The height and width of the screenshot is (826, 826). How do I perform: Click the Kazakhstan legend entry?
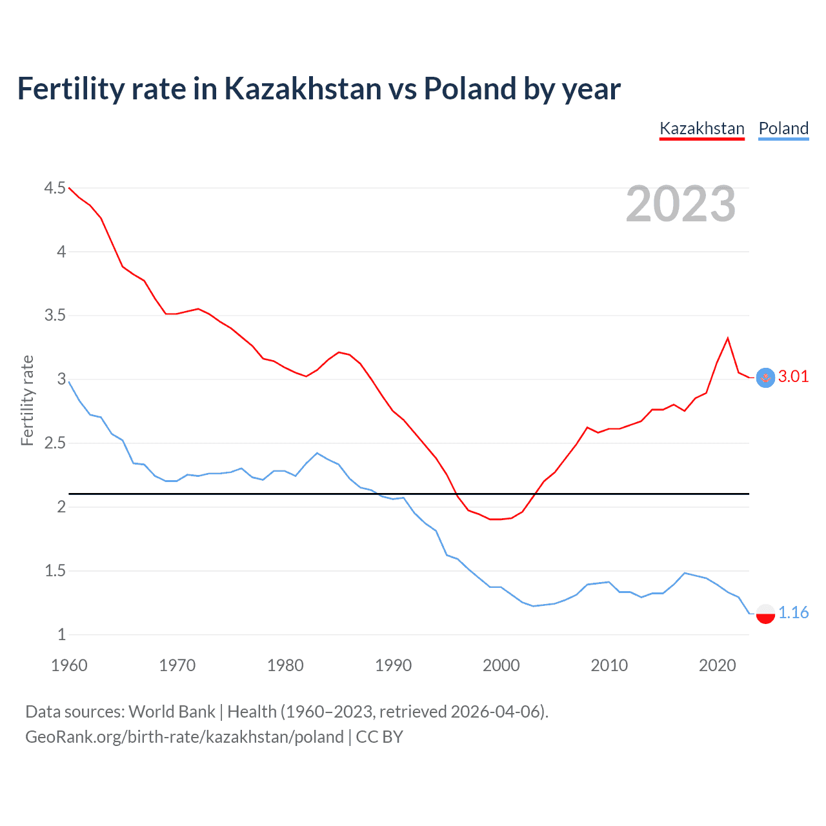click(x=701, y=128)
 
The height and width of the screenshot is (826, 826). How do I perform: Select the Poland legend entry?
click(x=783, y=128)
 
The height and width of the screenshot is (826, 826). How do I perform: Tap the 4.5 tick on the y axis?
click(x=55, y=188)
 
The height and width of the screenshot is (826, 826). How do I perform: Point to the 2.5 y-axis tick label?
click(x=55, y=443)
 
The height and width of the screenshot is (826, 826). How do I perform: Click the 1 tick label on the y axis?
click(x=61, y=634)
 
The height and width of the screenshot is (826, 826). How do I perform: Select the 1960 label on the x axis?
click(x=69, y=665)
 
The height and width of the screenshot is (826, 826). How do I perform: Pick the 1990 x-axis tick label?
click(x=393, y=665)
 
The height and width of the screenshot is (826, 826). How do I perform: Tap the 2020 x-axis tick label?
click(x=717, y=665)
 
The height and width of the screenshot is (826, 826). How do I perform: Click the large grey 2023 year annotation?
click(x=680, y=204)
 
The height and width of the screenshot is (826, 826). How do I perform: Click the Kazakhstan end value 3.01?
click(x=793, y=377)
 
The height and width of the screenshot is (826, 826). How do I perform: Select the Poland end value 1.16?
click(x=793, y=612)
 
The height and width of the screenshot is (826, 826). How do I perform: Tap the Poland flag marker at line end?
click(x=765, y=613)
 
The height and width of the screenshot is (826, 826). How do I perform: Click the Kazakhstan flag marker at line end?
click(x=765, y=378)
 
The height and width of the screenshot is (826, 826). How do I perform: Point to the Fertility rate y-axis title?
click(x=27, y=400)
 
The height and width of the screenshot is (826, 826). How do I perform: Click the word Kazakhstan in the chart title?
click(x=303, y=88)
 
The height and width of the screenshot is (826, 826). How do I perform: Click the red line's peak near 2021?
click(x=728, y=338)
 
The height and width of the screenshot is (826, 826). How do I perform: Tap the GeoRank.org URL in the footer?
click(x=184, y=737)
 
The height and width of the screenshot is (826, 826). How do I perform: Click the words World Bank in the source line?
click(x=172, y=712)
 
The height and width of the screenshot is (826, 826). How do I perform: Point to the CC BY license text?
click(x=379, y=737)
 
